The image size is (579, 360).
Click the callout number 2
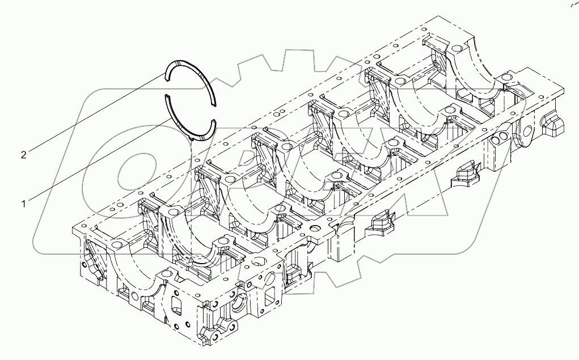click(23, 155)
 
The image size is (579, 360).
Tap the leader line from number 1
click(96, 159)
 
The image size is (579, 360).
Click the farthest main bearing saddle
click(471, 62)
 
